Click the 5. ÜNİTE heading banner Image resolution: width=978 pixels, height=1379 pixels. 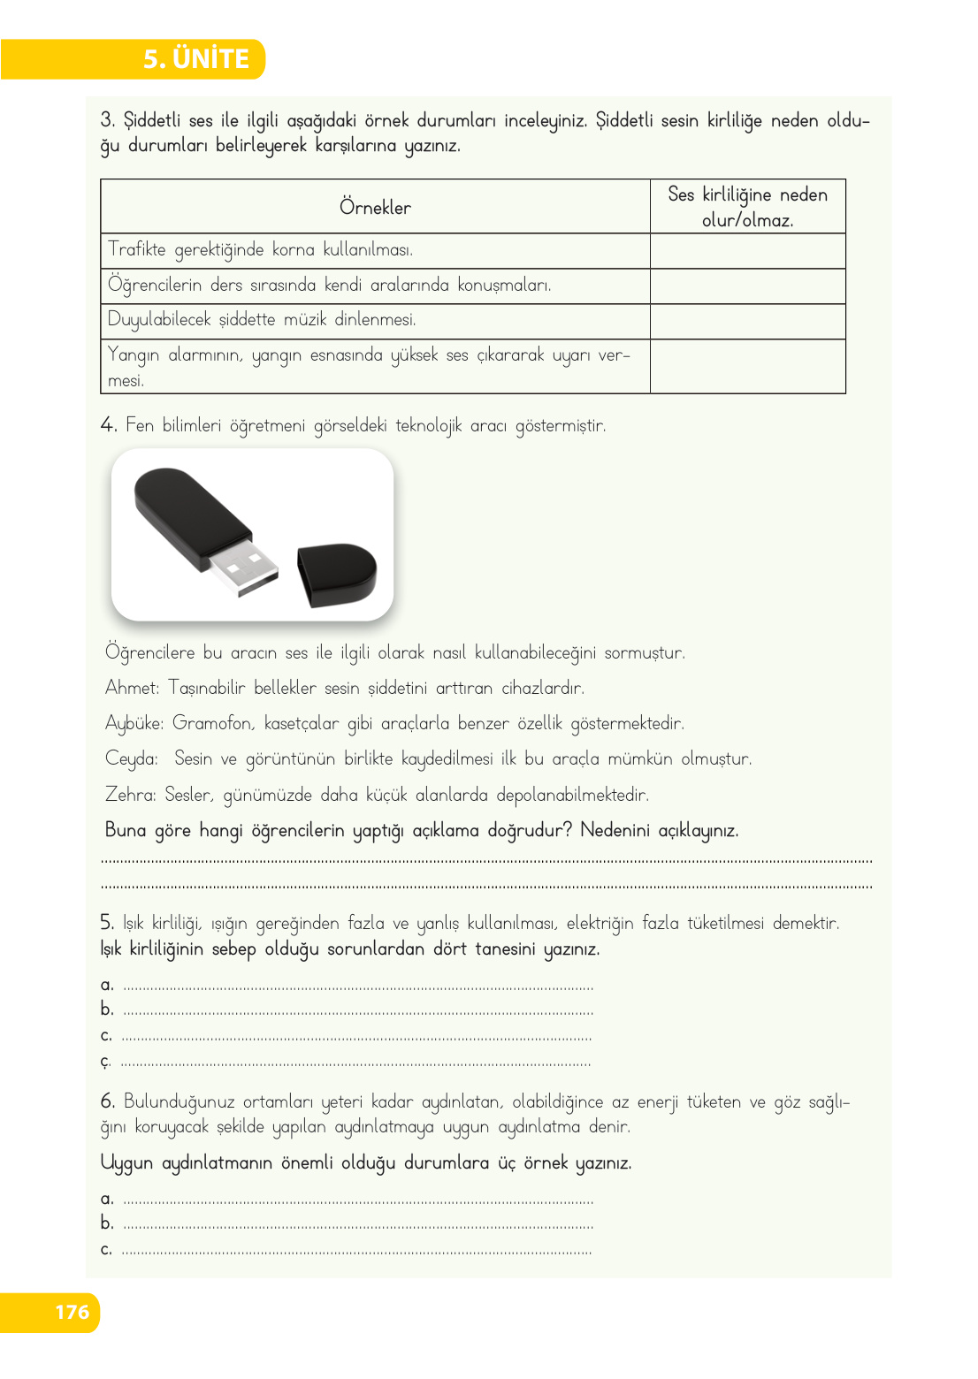point(196,59)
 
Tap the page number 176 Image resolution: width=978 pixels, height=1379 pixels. point(72,1312)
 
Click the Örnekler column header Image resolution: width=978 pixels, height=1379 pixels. point(375,208)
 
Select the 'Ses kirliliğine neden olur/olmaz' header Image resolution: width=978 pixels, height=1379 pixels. point(747,207)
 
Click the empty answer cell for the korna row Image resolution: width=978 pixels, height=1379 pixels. point(747,251)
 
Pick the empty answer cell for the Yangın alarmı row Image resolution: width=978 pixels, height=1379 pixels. point(747,366)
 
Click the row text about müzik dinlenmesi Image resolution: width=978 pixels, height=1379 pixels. point(262,320)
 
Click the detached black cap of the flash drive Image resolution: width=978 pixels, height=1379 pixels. point(336,575)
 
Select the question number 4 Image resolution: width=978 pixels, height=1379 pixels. point(108,425)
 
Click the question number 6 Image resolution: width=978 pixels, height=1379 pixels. point(108,1101)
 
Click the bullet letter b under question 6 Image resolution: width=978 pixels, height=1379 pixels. point(106,1223)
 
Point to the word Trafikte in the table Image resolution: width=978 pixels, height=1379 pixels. point(137,249)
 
